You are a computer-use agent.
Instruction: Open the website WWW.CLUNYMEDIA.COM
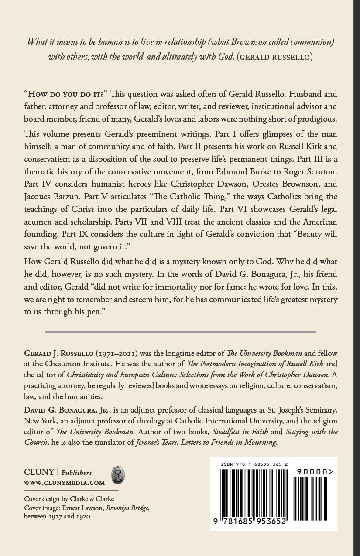[64, 483]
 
